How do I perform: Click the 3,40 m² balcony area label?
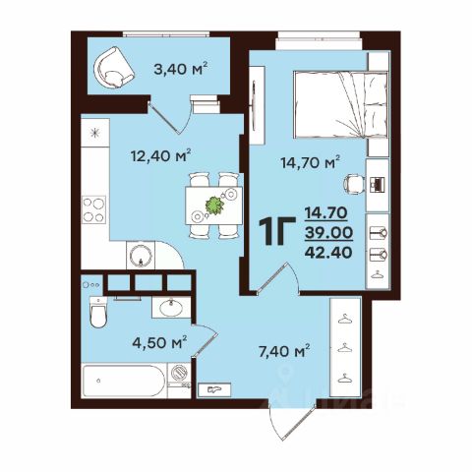coord(181,69)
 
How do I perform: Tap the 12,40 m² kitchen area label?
coord(161,155)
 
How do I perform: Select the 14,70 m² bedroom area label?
coord(311,162)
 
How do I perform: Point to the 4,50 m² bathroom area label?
coord(159,342)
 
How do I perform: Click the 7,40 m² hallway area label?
coord(284,351)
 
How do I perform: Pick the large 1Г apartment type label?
coord(277,232)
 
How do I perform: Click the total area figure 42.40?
coord(328,252)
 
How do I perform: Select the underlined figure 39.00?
coord(328,233)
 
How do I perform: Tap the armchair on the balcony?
coord(113,68)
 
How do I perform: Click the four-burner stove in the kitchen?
coord(93,209)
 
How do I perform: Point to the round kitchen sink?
coord(141,256)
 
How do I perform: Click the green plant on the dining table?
coord(214,206)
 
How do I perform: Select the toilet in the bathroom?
coord(98,313)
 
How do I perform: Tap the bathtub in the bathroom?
coord(124,381)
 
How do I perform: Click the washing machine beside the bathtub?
coord(179,373)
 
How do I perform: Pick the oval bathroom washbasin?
coord(171,308)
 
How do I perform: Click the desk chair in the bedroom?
coord(354,184)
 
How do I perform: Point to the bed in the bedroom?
coord(340,104)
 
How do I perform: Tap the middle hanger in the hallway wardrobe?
coord(344,348)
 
